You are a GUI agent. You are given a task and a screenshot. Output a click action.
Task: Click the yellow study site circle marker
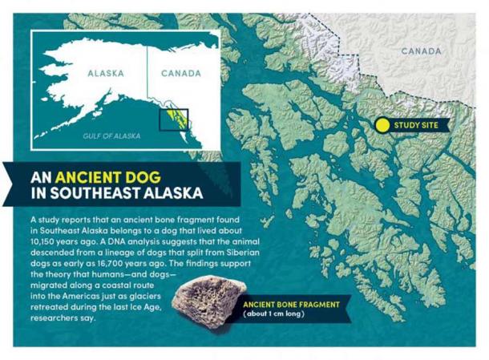coord(382,125)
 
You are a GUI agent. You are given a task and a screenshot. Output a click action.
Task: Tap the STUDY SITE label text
coord(418,125)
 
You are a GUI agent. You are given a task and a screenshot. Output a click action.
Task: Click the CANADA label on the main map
coord(420,51)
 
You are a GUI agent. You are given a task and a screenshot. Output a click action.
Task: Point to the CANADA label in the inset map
coord(181,73)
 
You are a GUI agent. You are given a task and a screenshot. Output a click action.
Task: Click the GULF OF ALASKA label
coord(111,136)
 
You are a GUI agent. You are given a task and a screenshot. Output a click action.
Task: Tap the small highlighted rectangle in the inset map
coord(174,119)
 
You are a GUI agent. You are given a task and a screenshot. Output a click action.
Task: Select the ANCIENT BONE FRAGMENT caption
coord(291,305)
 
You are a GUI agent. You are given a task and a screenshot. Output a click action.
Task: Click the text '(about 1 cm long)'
coord(277,315)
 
